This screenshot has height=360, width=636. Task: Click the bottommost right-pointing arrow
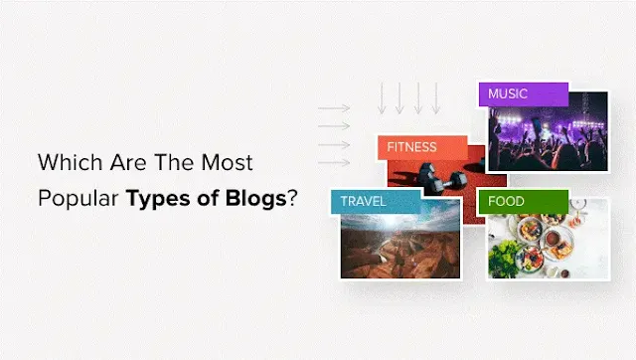click(x=334, y=161)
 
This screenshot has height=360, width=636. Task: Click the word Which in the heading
click(x=67, y=161)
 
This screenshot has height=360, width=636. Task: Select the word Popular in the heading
click(x=78, y=196)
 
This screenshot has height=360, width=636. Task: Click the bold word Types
click(x=157, y=197)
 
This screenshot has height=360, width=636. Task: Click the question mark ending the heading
click(x=292, y=196)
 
